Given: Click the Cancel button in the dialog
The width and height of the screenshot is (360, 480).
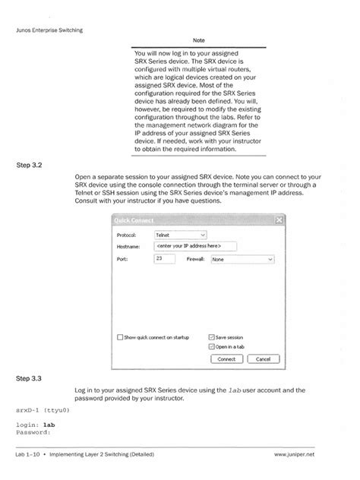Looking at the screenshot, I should (263, 358).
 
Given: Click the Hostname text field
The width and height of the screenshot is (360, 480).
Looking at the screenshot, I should (195, 246).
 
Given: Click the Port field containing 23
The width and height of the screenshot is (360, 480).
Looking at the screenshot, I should (163, 259).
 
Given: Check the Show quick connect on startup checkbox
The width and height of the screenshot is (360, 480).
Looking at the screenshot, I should (119, 337).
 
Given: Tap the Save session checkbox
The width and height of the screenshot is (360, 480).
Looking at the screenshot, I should (211, 337).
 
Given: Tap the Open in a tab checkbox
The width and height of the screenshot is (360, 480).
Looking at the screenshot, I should (211, 346).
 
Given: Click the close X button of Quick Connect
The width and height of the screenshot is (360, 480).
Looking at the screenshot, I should (279, 220).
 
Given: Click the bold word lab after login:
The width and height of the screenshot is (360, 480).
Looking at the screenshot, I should (49, 425).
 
